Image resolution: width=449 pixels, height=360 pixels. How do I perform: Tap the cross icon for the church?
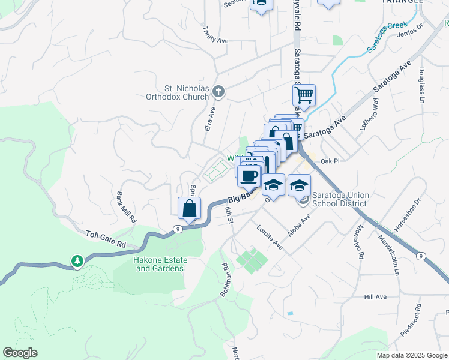(219, 92)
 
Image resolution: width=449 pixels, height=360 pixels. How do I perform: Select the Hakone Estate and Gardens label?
(160, 264)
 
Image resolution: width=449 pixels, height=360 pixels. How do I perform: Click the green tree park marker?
(77, 261)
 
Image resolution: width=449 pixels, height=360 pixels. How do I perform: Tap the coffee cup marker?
(249, 176)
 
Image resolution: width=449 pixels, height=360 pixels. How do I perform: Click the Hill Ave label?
(375, 297)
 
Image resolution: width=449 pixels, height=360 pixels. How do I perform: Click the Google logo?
(20, 353)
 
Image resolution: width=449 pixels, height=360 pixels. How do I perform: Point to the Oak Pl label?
(330, 161)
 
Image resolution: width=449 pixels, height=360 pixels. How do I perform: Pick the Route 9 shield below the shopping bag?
(178, 229)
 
